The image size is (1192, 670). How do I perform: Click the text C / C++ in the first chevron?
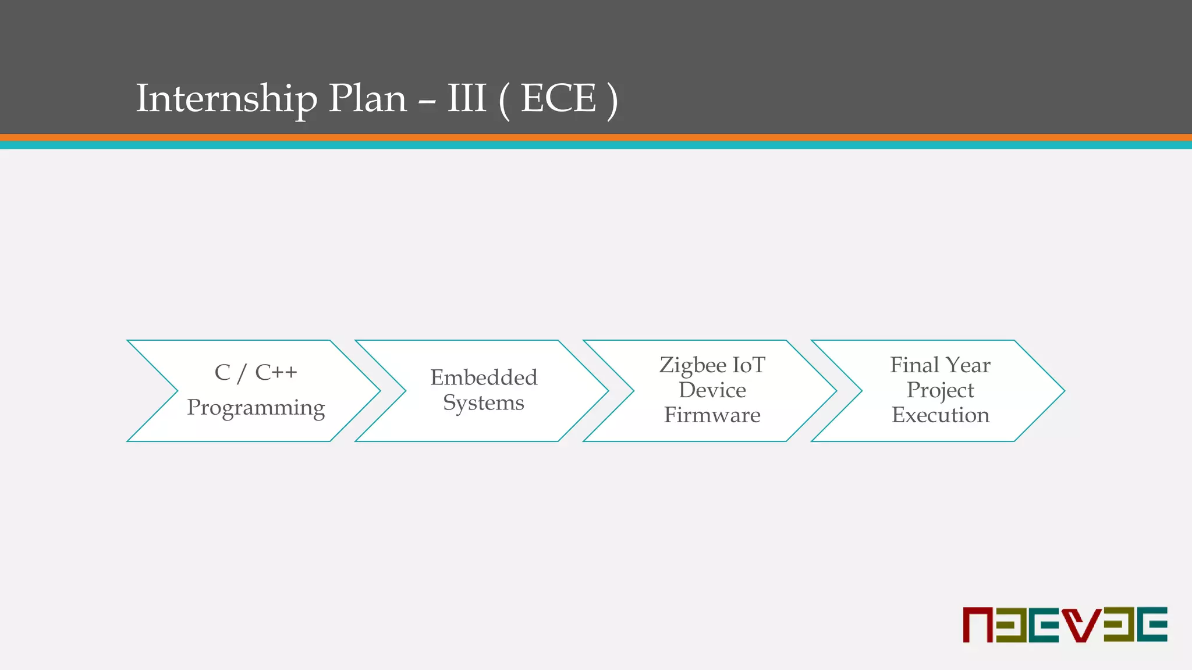click(x=256, y=372)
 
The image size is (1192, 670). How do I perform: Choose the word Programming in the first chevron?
click(x=256, y=408)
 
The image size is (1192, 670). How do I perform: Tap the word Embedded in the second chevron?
click(x=484, y=377)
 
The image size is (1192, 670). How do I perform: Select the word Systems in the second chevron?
click(x=484, y=402)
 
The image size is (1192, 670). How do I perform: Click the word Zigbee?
click(x=693, y=365)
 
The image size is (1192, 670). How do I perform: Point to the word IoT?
click(x=748, y=365)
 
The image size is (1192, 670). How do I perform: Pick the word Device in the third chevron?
click(x=712, y=390)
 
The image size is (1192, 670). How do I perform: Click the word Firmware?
click(x=712, y=415)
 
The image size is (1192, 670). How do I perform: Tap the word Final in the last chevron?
click(x=914, y=365)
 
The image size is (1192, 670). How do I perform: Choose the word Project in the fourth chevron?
click(x=940, y=390)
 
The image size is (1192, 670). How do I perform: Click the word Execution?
click(x=940, y=415)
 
